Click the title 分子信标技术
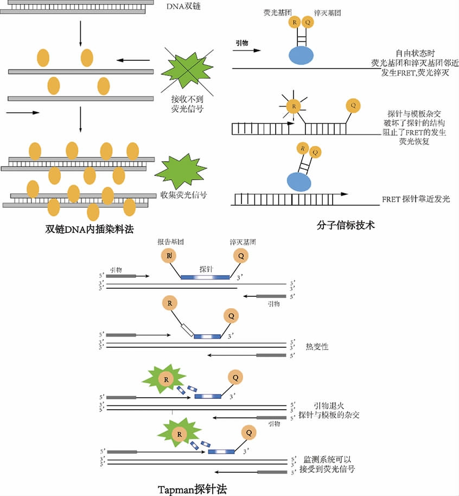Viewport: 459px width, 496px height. click(x=346, y=224)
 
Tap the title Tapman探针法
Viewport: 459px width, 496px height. click(x=192, y=489)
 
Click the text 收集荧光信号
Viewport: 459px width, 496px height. click(x=183, y=195)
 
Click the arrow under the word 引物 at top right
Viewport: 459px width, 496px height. click(x=247, y=51)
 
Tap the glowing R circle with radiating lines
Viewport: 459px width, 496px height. click(x=294, y=106)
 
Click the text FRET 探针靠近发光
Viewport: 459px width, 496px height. click(x=416, y=199)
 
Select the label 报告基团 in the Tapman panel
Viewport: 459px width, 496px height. click(x=170, y=242)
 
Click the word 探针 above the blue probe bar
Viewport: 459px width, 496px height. click(x=206, y=269)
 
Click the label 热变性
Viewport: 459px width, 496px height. click(x=317, y=346)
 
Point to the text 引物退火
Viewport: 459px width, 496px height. click(x=329, y=405)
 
